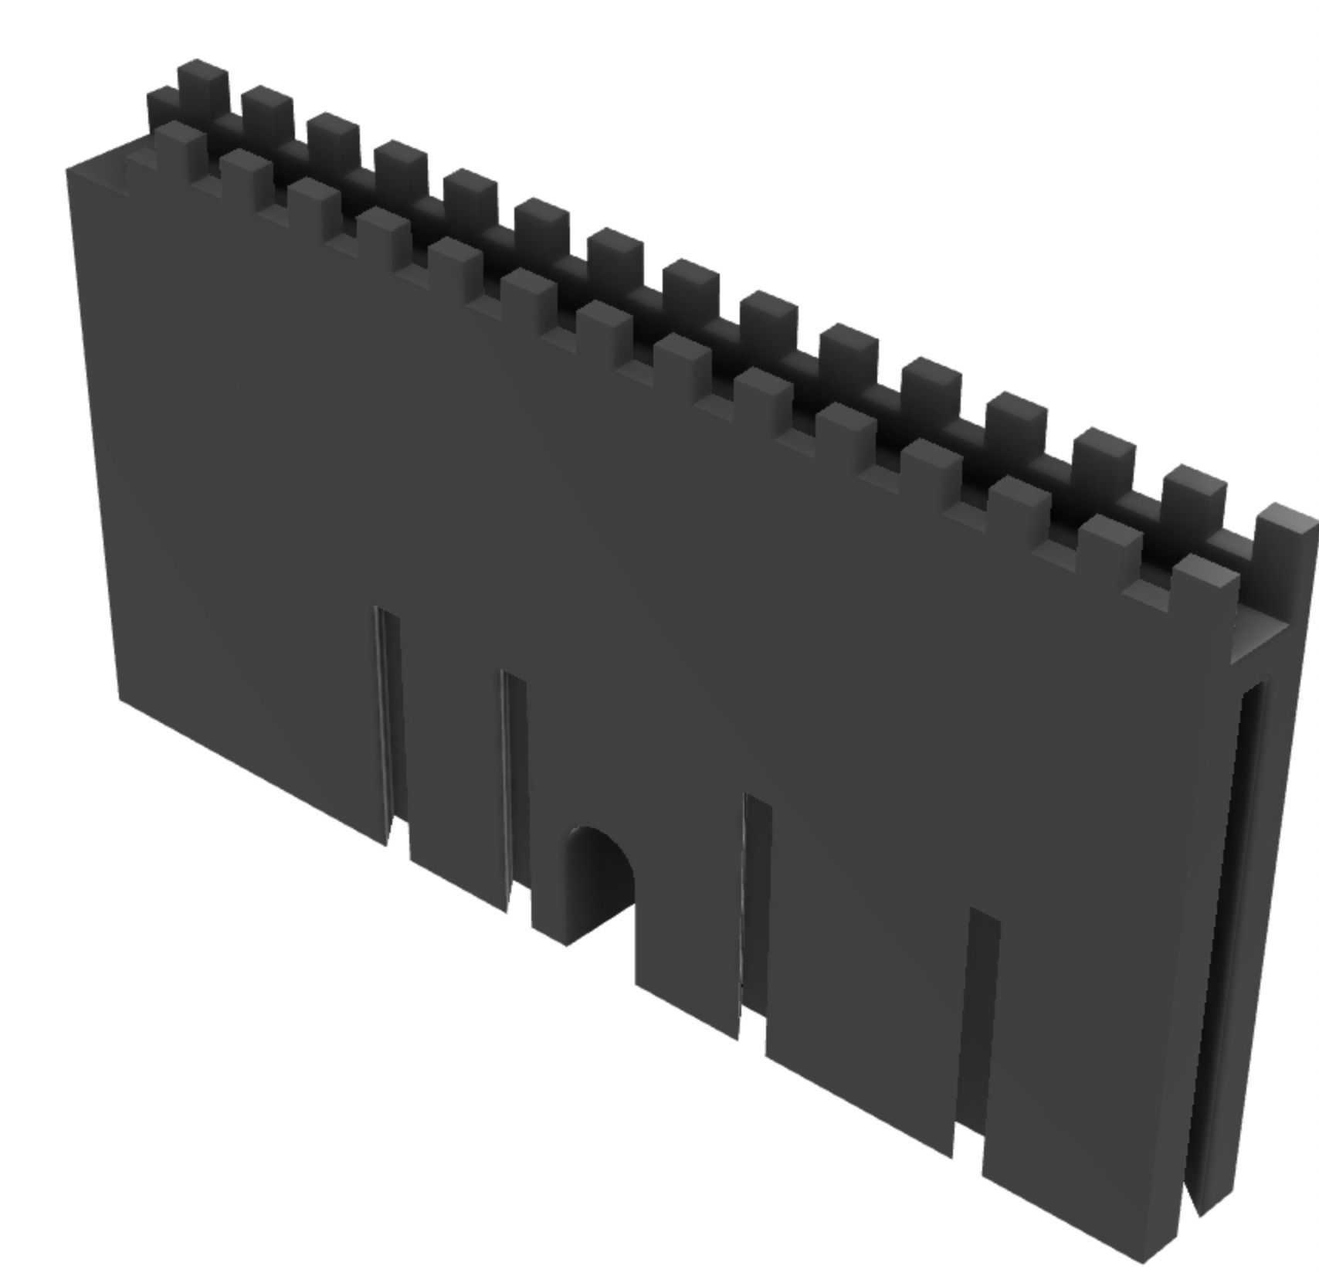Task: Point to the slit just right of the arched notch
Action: pyautogui.click(x=755, y=911)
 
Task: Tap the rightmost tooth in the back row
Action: pyautogui.click(x=1283, y=541)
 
